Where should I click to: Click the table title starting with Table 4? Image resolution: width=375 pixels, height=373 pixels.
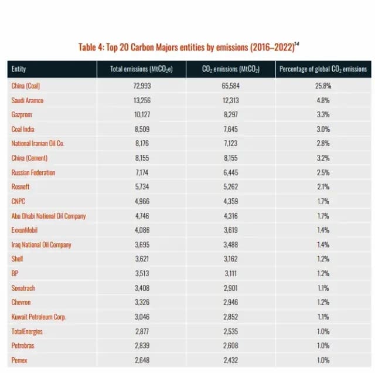tap(189, 47)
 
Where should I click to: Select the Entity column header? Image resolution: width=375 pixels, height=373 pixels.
tap(19, 69)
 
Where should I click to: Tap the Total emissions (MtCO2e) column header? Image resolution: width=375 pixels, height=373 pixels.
tap(141, 69)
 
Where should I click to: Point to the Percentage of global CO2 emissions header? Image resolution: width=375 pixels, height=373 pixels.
tap(323, 69)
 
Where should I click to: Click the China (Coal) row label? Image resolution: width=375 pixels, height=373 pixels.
tap(26, 86)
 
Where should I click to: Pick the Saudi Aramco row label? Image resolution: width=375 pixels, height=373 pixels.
tap(28, 100)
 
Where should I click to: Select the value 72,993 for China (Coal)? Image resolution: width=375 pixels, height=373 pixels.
tap(142, 86)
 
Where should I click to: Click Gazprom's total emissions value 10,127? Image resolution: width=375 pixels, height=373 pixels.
tap(142, 115)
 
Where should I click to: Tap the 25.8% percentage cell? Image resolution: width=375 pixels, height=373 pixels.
tap(323, 86)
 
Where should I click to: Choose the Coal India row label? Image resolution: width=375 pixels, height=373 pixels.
tap(23, 129)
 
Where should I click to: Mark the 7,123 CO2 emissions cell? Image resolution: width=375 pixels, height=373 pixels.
tap(230, 144)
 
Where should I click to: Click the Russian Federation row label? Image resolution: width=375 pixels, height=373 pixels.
tap(33, 172)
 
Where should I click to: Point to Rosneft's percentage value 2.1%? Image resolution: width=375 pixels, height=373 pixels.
tap(323, 186)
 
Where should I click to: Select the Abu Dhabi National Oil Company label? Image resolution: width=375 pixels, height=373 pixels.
tap(49, 216)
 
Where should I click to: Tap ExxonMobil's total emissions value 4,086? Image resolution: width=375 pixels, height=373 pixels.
tap(142, 230)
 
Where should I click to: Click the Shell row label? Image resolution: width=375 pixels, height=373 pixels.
tap(17, 259)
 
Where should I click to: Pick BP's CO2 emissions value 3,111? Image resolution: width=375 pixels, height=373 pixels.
tap(230, 273)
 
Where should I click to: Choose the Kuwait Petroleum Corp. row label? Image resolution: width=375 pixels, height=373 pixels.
tap(39, 317)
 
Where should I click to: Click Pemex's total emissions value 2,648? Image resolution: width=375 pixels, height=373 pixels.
tap(142, 360)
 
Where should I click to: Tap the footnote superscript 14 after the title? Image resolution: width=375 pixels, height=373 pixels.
tap(297, 44)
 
